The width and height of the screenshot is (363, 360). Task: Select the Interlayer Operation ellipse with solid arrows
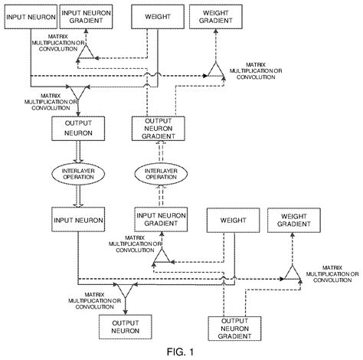coord(73,173)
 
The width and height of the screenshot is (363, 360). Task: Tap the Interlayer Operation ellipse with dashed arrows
coord(155,173)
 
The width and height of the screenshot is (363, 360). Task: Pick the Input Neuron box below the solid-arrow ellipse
coord(74,221)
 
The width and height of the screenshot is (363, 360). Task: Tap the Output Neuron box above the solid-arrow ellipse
coord(74,127)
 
